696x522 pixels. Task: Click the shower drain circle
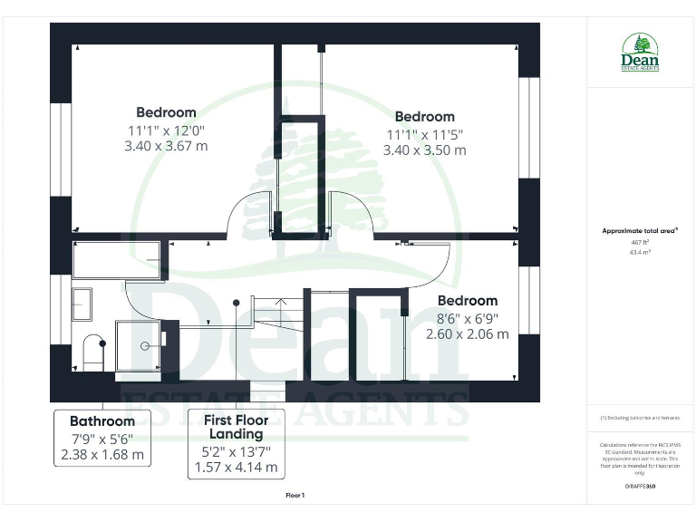pyautogui.click(x=145, y=345)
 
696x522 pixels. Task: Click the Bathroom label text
pyautogui.click(x=102, y=420)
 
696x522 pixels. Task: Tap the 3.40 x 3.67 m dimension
pyautogui.click(x=166, y=145)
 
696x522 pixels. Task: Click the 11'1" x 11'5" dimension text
pyautogui.click(x=424, y=134)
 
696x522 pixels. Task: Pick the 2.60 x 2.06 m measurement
pyautogui.click(x=467, y=333)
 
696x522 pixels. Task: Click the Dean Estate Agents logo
pyautogui.click(x=640, y=53)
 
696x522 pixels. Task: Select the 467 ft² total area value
pyautogui.click(x=640, y=242)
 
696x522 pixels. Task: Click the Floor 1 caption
pyautogui.click(x=295, y=496)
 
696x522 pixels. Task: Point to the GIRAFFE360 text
pyautogui.click(x=640, y=487)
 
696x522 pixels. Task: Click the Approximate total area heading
pyautogui.click(x=640, y=231)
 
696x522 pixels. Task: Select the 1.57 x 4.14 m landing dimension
pyautogui.click(x=236, y=468)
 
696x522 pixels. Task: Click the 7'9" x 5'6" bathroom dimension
pyautogui.click(x=102, y=439)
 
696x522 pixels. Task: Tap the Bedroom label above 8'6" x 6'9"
pyautogui.click(x=467, y=300)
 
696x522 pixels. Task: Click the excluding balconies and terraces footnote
pyautogui.click(x=640, y=418)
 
